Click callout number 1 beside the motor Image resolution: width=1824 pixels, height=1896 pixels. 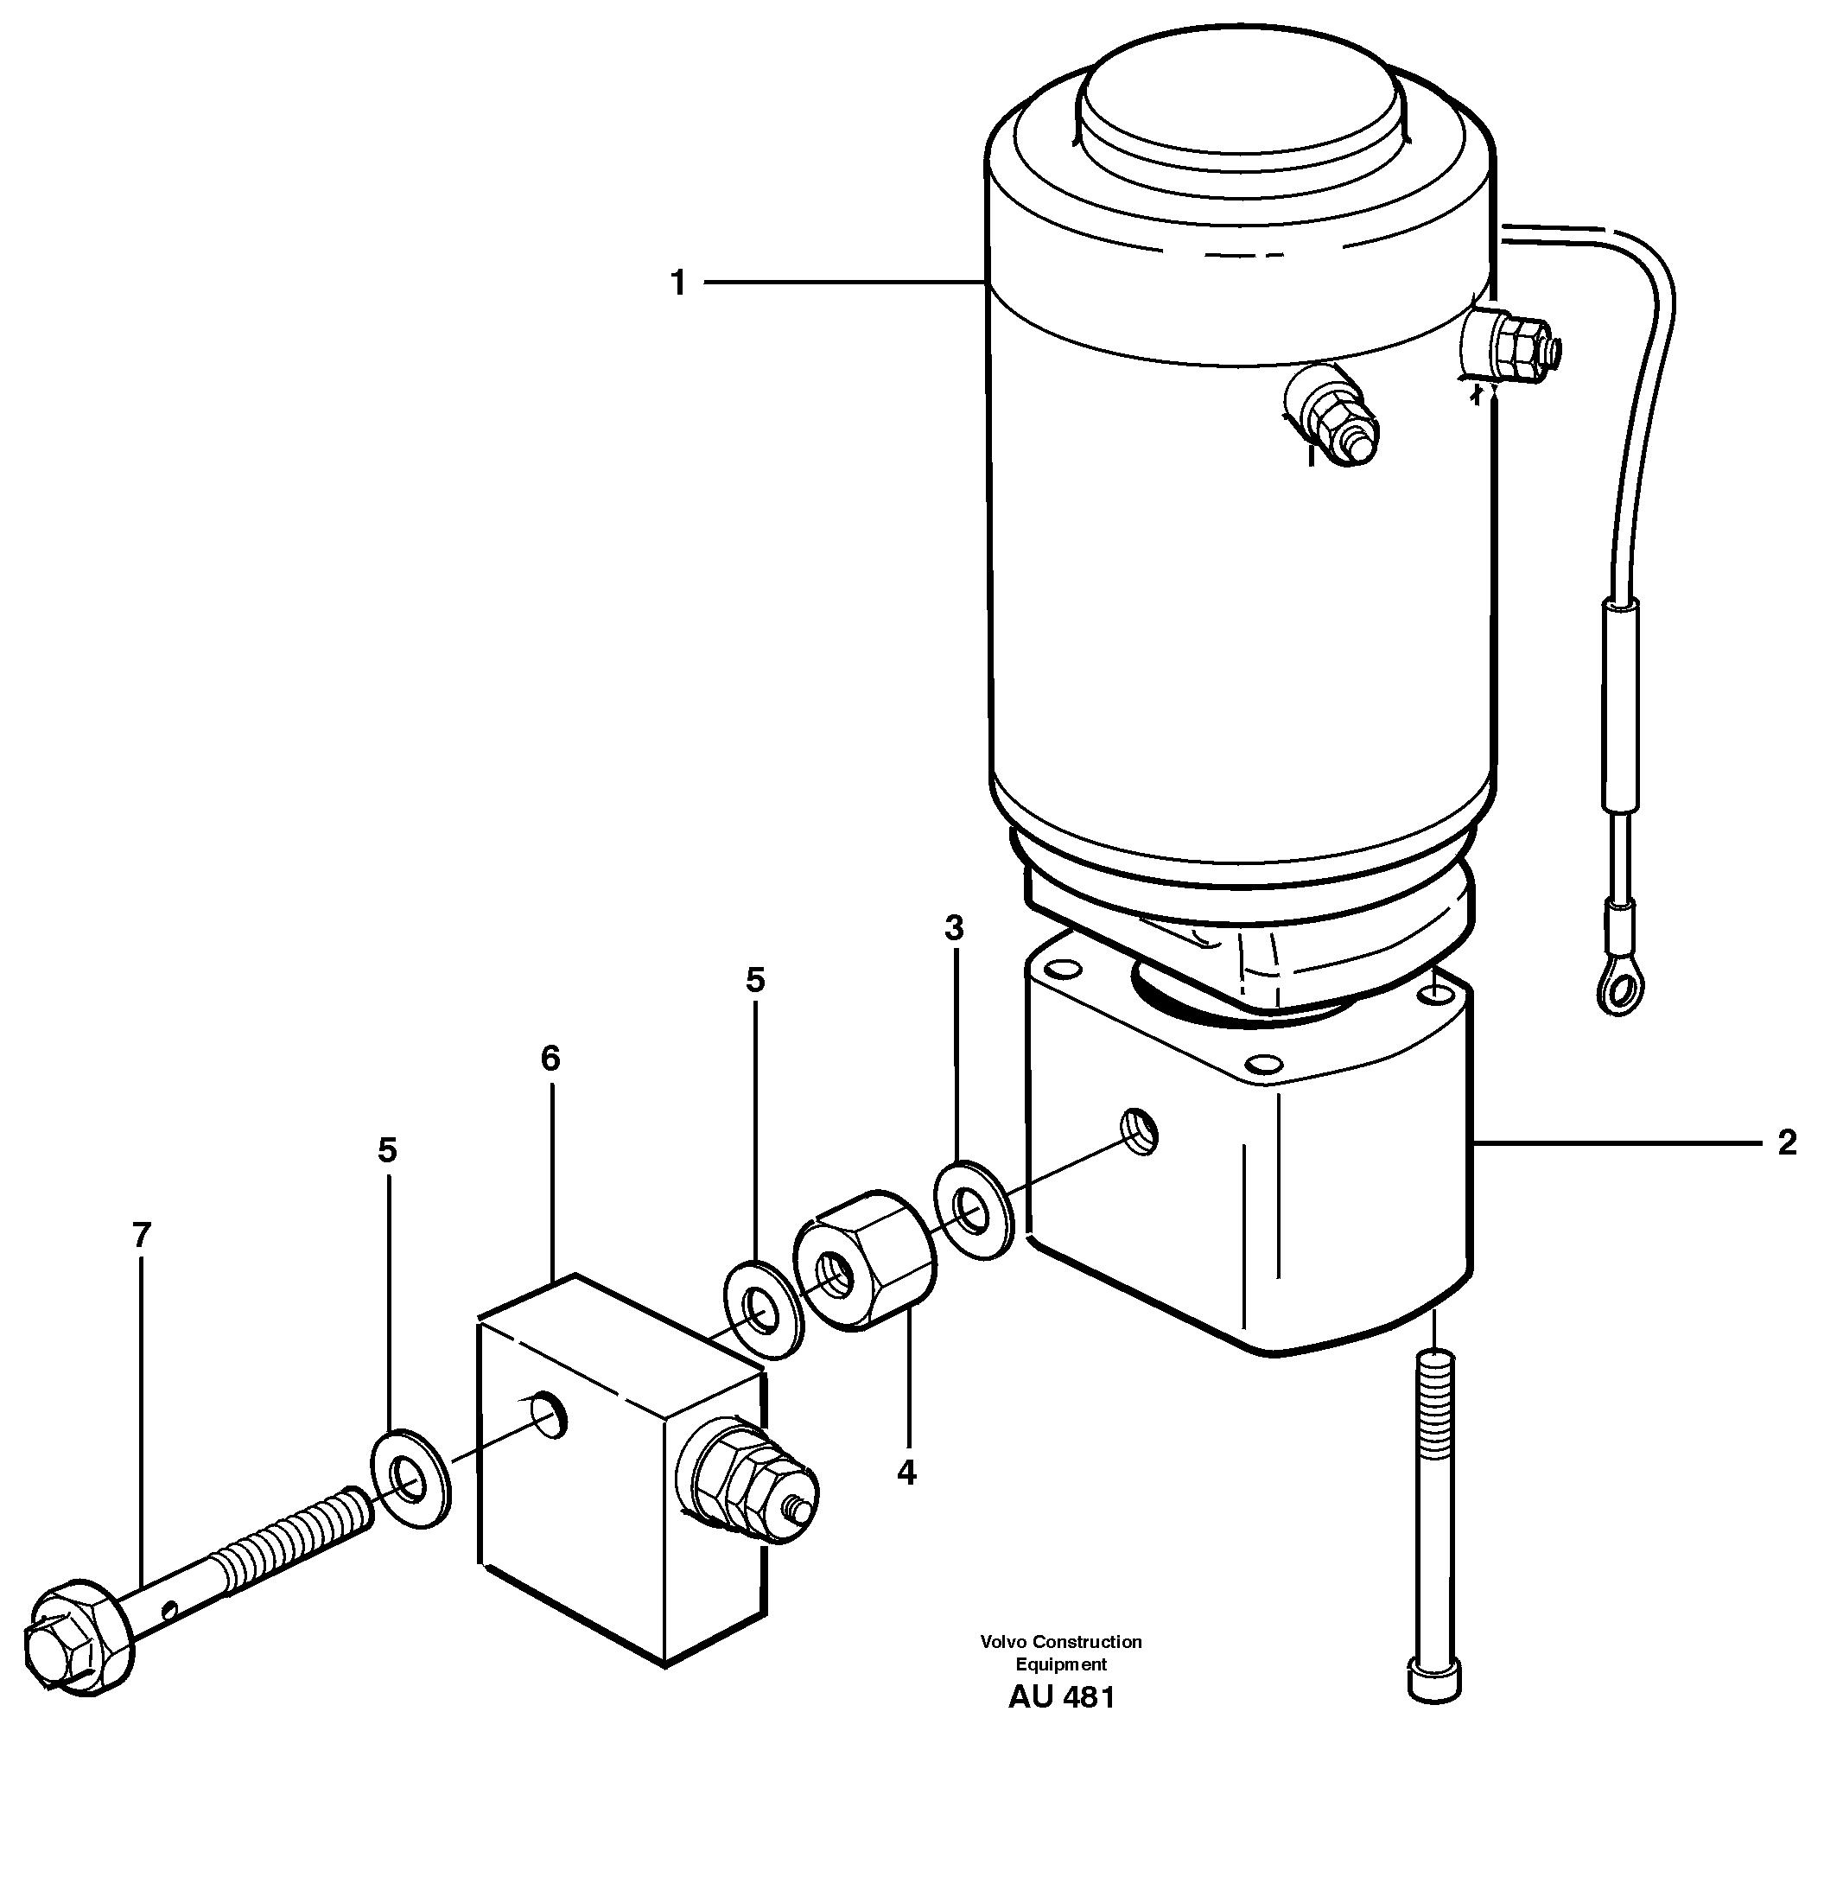(678, 283)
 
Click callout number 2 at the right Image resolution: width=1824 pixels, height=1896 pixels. (1786, 1143)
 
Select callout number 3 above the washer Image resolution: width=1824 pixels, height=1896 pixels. (954, 929)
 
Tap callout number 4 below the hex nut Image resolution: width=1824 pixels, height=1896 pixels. (906, 1473)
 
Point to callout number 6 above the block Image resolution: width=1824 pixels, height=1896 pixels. (550, 1059)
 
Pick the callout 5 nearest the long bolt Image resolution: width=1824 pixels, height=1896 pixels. (387, 1150)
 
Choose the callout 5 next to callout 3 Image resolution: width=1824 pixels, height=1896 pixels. (755, 980)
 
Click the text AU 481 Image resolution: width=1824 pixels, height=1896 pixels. (1061, 1698)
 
